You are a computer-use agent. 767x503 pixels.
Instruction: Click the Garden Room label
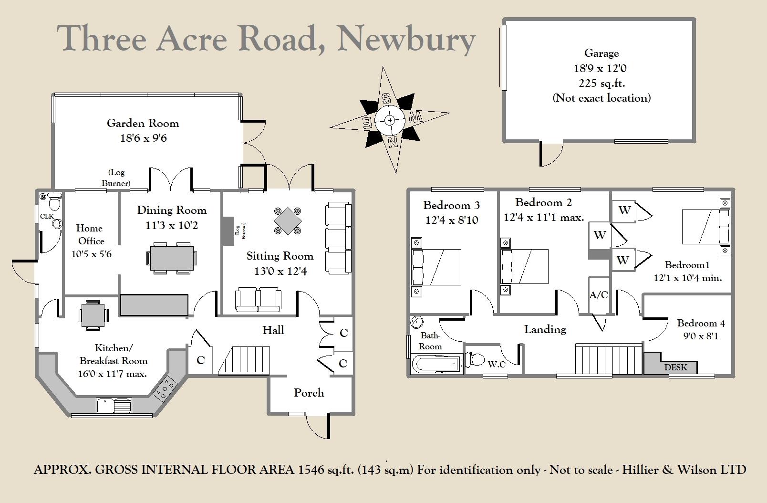143,123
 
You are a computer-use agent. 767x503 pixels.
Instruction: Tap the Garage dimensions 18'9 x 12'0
600,68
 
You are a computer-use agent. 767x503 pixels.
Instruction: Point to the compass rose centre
389,120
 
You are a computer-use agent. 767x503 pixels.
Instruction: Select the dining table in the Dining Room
172,258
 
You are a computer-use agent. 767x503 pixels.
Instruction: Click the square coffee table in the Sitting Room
288,220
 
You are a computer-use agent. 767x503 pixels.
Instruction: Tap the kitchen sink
114,405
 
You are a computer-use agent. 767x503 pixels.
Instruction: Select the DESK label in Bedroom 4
675,367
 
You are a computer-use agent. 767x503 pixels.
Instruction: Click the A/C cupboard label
599,294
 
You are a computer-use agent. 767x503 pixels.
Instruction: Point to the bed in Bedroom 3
436,267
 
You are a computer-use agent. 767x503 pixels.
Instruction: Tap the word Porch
309,393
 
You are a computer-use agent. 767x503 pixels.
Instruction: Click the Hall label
273,330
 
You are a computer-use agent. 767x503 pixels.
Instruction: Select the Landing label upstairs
545,330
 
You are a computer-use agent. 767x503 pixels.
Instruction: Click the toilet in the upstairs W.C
475,359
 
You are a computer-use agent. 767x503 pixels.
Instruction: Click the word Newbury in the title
406,40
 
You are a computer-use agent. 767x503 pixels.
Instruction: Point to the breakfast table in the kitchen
93,315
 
